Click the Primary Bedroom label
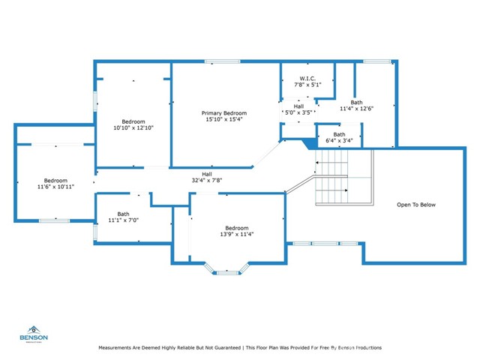coord(226,112)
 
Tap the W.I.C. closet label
coord(307,79)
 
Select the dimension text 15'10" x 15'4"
coord(226,119)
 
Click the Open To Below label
coord(416,205)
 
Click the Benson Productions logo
coord(34,334)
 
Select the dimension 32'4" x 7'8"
coord(206,180)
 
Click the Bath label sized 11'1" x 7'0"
coord(123,214)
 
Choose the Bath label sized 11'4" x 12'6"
coord(356,102)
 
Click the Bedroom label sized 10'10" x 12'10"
coord(133,121)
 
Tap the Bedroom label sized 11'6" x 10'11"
coord(55,180)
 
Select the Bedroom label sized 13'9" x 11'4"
coord(237,227)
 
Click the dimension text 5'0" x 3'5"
coord(298,113)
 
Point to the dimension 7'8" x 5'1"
coord(307,85)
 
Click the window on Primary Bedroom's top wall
coord(217,61)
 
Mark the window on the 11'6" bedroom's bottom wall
coord(54,220)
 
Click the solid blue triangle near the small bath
coord(307,142)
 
